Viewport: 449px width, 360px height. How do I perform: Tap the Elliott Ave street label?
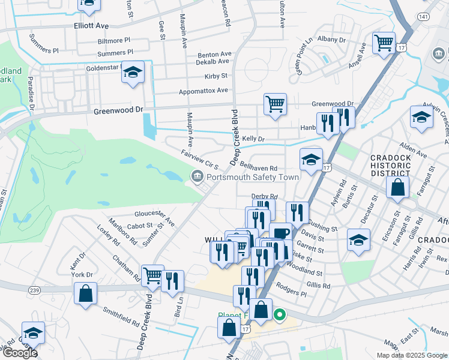(91, 26)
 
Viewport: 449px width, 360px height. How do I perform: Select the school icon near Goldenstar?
(133, 73)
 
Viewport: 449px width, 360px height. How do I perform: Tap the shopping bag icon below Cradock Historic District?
(398, 187)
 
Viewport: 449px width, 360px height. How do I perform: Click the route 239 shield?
(34, 289)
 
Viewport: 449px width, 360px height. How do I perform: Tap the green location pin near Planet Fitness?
(279, 314)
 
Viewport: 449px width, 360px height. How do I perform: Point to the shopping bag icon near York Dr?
(85, 294)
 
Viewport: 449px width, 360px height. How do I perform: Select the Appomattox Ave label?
(203, 91)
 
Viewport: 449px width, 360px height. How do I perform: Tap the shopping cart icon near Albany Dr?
(383, 43)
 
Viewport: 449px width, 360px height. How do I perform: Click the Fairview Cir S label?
(200, 159)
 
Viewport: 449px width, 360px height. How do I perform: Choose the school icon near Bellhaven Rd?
(311, 160)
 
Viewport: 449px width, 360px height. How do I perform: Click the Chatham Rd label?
(126, 268)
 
